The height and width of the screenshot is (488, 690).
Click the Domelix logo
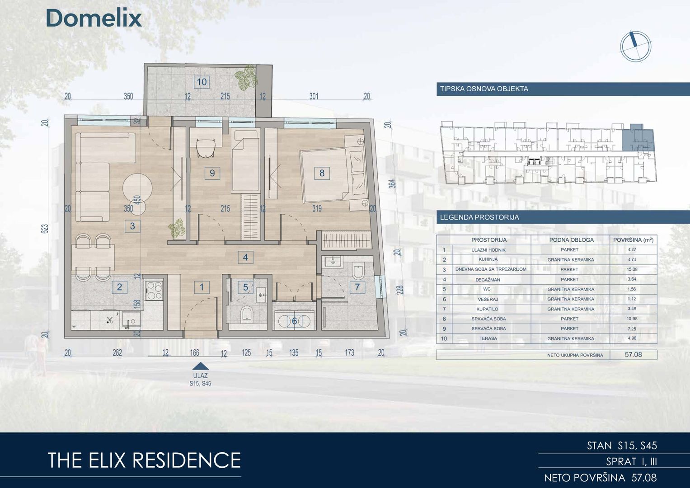(x=94, y=18)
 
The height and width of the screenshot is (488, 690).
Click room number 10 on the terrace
(x=202, y=82)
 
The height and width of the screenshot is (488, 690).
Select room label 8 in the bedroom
(x=322, y=173)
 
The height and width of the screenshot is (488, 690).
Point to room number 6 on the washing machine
(x=294, y=321)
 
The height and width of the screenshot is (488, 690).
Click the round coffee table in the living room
(x=137, y=188)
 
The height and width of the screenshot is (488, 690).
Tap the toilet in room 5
(x=247, y=314)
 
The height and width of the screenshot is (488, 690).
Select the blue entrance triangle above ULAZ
(x=201, y=366)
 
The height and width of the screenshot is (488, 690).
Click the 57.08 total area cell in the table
(x=634, y=355)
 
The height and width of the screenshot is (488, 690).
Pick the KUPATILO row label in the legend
(x=487, y=309)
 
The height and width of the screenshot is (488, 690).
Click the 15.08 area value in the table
(x=632, y=269)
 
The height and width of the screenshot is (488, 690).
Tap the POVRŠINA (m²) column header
(x=634, y=239)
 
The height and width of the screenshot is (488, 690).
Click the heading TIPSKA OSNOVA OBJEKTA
(x=484, y=89)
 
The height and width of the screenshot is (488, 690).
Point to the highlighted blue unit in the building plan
(x=638, y=139)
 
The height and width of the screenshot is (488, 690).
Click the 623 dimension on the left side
(x=45, y=229)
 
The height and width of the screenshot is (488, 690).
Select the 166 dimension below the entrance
(x=194, y=352)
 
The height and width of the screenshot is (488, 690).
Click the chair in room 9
(x=206, y=148)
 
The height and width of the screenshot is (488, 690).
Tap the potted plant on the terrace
(x=246, y=77)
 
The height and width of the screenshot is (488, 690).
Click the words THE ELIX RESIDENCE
(x=144, y=460)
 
